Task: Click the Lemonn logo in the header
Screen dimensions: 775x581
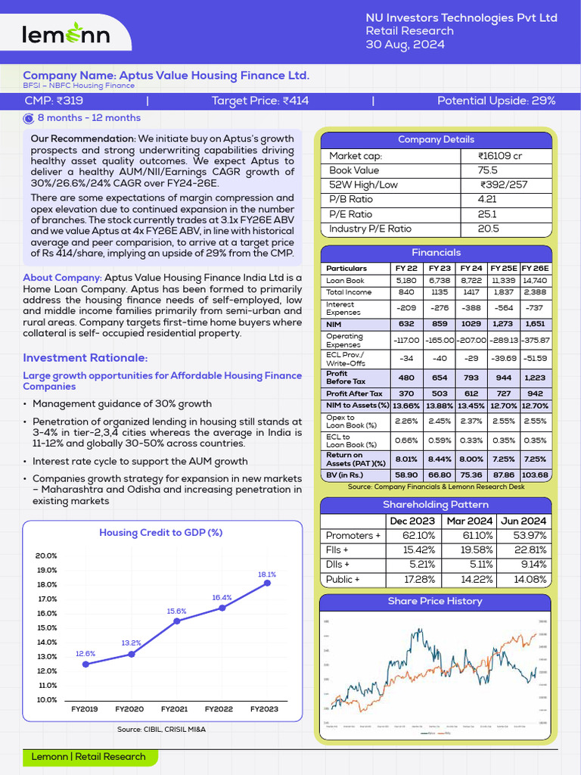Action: point(66,33)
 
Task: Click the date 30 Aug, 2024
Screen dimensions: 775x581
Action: point(405,45)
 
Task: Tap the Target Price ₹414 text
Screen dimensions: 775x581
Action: point(259,101)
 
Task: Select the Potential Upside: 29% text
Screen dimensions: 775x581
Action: point(496,101)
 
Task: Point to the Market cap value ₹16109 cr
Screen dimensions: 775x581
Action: point(500,156)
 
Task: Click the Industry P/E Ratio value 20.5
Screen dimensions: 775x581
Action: point(488,229)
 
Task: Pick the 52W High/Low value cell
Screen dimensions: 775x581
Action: point(503,185)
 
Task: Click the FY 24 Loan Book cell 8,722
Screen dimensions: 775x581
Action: point(471,280)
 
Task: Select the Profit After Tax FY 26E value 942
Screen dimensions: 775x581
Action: point(535,394)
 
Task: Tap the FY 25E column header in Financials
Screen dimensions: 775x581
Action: point(503,269)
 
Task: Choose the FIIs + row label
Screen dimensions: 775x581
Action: point(337,550)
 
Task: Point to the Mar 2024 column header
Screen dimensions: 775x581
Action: point(470,521)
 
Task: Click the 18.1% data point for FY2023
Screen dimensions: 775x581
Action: point(267,583)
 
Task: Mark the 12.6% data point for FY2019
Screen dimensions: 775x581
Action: point(85,665)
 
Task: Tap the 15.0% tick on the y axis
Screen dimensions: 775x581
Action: point(47,627)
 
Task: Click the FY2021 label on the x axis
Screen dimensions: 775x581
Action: point(175,709)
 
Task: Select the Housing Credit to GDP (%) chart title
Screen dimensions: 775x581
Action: point(160,532)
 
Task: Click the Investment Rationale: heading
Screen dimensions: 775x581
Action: point(85,358)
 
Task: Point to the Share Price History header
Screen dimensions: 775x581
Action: point(435,601)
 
